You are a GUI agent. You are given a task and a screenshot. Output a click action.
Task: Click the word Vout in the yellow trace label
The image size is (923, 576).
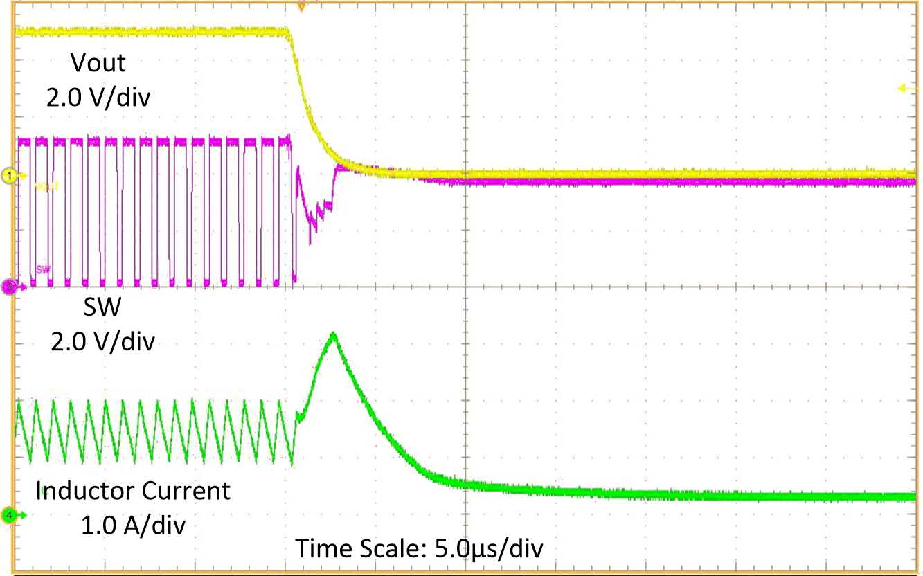[98, 63]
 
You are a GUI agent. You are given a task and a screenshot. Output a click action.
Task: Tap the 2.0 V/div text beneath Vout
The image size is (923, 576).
[99, 98]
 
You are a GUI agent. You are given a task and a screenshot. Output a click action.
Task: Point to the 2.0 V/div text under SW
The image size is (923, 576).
[102, 341]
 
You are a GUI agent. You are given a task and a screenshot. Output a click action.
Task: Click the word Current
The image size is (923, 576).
[186, 491]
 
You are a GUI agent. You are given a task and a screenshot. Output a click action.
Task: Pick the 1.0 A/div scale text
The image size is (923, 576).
[133, 525]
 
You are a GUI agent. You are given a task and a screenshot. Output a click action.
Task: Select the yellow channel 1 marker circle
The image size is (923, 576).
[9, 176]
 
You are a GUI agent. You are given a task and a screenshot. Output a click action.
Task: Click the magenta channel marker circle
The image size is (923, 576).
[9, 285]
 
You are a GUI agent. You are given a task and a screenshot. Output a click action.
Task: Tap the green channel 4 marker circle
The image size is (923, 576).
[9, 515]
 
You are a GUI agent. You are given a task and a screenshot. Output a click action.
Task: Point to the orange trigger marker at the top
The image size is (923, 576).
[301, 6]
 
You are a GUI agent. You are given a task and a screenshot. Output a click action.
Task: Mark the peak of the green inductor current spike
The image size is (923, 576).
[334, 334]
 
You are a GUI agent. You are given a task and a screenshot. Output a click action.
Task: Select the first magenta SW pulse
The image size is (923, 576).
[25, 141]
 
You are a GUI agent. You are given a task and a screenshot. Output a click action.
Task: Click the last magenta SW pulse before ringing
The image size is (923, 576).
[285, 141]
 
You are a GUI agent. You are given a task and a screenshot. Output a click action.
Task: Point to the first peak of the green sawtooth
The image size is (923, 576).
[17, 401]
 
